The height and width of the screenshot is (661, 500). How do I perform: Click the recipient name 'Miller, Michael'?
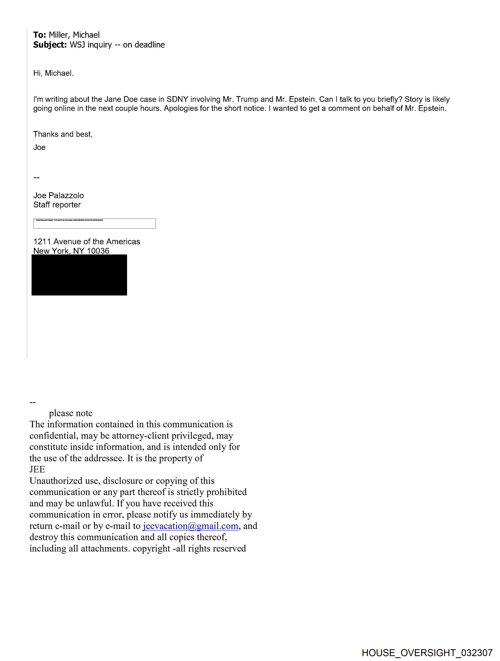(x=74, y=35)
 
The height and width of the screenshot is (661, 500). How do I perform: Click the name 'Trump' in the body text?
(x=247, y=99)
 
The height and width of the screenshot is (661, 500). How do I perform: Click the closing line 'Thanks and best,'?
(x=63, y=134)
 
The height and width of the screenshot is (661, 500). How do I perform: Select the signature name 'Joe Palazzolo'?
(x=59, y=195)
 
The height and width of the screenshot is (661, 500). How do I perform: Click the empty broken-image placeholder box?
(x=94, y=223)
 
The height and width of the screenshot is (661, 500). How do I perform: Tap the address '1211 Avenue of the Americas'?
(x=87, y=242)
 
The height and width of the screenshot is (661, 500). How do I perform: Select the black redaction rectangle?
(x=79, y=275)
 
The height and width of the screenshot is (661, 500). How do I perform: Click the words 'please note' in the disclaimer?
(x=71, y=413)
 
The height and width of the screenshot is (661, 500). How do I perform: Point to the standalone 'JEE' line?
(x=37, y=470)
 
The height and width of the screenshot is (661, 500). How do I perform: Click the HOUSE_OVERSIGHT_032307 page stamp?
(x=427, y=653)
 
